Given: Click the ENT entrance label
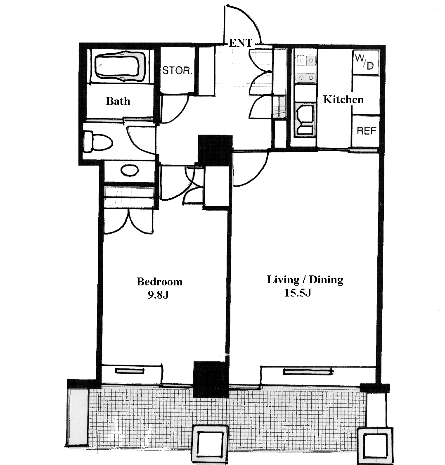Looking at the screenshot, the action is coord(240,43).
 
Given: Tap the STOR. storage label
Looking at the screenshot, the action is coord(177,71).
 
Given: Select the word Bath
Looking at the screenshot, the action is coord(118,101).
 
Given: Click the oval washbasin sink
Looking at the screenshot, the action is coord(130,171).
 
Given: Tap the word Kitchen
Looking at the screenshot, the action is coord(343,100).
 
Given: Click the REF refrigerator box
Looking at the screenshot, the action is coord(366,131).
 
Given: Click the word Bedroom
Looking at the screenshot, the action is coord(159,281).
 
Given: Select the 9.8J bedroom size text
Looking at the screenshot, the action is coord(159,294).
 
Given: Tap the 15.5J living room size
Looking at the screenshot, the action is coord(298,293).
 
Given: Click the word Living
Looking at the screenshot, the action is coord(283,280).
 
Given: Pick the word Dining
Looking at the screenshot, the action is coord(326,280).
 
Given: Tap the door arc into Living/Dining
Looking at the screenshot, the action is coord(261,175).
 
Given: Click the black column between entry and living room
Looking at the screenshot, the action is coord(215,150).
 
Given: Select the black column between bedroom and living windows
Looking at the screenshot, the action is coord(211,379).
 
